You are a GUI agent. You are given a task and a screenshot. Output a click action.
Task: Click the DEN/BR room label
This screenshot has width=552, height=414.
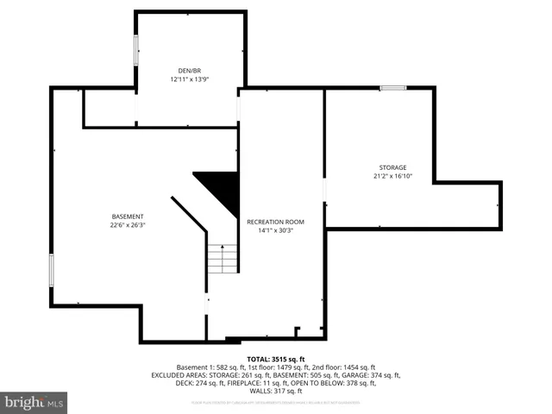[x=190, y=71]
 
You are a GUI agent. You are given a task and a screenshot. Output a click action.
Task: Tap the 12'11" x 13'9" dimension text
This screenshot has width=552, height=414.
[x=190, y=78]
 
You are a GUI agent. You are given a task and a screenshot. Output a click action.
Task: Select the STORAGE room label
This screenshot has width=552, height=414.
[x=392, y=167]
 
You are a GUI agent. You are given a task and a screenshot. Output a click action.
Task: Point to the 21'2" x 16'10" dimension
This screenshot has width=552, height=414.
[x=392, y=176]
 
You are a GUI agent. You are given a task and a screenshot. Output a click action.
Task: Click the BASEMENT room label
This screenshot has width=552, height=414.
[x=128, y=216]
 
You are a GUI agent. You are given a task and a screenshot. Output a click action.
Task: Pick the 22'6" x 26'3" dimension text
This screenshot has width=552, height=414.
[x=128, y=224]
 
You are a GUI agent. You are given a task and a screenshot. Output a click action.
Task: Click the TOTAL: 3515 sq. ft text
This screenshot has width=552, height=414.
[x=276, y=359]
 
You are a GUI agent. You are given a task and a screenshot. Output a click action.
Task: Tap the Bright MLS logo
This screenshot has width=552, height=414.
[x=34, y=402]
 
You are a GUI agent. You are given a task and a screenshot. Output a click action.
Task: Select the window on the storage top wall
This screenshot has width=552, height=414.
[x=393, y=87]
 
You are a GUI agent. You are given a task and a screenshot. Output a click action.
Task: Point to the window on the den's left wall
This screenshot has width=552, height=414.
[x=135, y=49]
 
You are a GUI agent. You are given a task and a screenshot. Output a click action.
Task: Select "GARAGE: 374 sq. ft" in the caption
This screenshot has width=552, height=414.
[x=372, y=375]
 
